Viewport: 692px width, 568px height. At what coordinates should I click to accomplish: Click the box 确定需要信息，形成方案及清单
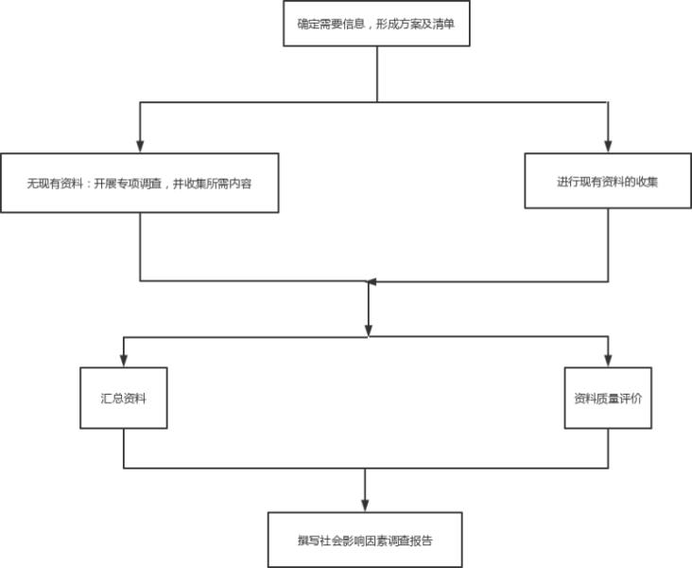[x=377, y=23]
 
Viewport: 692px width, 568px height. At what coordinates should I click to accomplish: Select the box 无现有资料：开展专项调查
[x=139, y=183]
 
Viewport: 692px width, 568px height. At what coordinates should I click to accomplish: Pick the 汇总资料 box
[x=123, y=398]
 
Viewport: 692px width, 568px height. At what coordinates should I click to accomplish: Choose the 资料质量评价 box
[x=608, y=398]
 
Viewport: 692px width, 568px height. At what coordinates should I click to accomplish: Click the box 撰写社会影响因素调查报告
[x=365, y=540]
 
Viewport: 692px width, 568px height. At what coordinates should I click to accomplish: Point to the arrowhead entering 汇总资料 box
[x=123, y=361]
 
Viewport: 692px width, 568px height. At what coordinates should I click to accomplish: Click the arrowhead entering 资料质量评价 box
[x=608, y=361]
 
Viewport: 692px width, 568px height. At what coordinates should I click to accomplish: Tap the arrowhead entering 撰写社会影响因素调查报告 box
[x=365, y=506]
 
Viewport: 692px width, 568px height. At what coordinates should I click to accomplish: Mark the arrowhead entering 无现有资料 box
[x=140, y=147]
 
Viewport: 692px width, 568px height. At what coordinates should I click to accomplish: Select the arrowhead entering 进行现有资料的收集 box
[x=607, y=147]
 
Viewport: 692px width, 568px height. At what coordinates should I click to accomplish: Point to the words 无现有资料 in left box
[x=55, y=184]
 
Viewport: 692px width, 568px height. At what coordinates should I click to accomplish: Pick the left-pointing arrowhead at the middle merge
[x=372, y=281]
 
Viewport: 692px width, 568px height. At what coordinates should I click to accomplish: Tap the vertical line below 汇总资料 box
[x=124, y=448]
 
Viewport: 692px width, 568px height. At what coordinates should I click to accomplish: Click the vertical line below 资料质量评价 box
[x=608, y=448]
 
